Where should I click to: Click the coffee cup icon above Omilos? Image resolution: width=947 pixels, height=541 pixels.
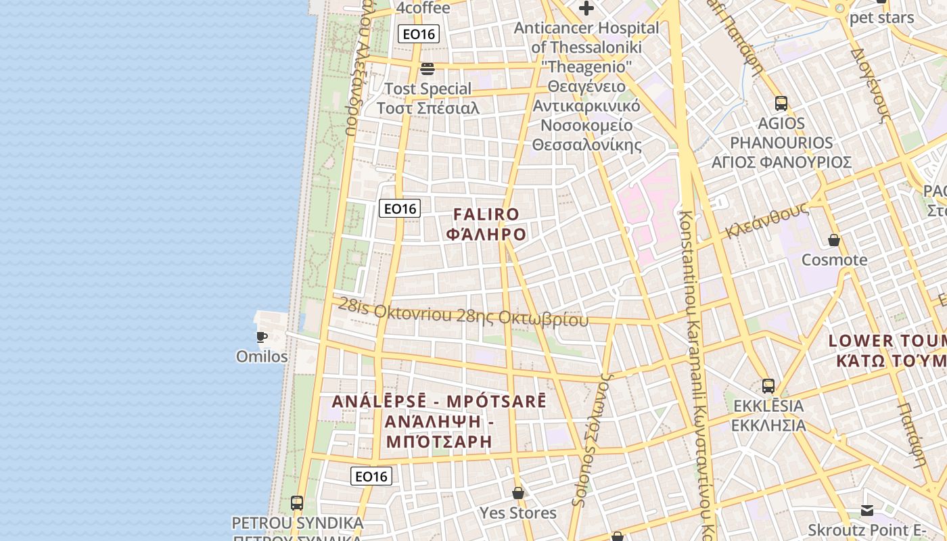point(262,336)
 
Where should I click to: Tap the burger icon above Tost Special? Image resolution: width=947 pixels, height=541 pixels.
point(427,68)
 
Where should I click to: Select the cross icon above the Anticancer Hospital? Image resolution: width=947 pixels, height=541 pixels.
point(586,8)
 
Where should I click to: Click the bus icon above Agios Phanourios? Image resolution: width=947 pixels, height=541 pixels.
point(781,103)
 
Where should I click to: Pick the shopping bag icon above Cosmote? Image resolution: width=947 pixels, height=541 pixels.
point(834,240)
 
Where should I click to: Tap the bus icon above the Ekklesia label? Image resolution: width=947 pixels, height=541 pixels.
point(768,386)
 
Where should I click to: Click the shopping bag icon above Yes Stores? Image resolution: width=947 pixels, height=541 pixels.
point(518,493)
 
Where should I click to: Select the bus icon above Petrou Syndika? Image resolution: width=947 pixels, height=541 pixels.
point(297,503)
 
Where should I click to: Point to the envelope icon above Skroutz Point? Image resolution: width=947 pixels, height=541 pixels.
point(867,510)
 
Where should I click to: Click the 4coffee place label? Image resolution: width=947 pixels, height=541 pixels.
point(423,8)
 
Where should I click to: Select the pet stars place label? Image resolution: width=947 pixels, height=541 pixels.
point(881,18)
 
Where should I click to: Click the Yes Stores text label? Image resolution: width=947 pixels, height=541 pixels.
point(518,513)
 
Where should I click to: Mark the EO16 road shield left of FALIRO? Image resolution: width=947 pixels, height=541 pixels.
point(400,208)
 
